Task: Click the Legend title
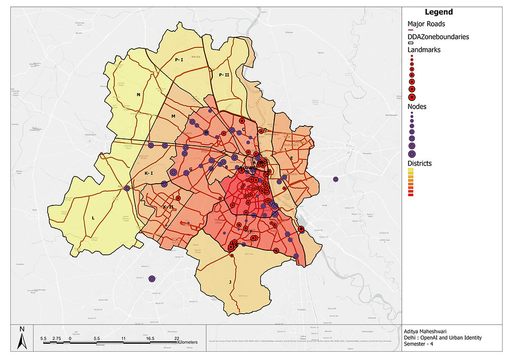(x=439, y=12)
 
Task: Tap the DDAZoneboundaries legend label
(x=438, y=37)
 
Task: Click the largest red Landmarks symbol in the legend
(x=412, y=97)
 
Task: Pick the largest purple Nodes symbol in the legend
(x=412, y=153)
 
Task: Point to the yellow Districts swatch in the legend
(x=411, y=170)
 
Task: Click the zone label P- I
(x=179, y=60)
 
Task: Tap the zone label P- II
(x=224, y=75)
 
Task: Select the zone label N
(x=138, y=95)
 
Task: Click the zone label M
(x=173, y=115)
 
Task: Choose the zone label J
(x=229, y=282)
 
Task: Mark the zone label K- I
(x=148, y=173)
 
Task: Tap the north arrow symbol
(x=21, y=338)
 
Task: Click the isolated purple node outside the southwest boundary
(x=152, y=279)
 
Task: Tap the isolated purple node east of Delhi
(x=336, y=179)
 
